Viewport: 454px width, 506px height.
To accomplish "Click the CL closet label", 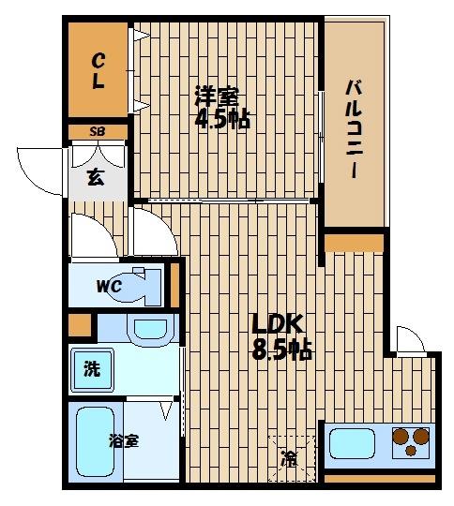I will (97, 69).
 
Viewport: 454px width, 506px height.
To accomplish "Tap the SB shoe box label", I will (97, 132).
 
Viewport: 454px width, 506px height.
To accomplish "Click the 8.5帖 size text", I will (281, 351).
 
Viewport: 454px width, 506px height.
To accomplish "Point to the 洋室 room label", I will (216, 96).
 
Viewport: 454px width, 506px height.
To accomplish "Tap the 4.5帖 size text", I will (222, 121).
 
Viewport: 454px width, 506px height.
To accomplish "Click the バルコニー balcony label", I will (354, 129).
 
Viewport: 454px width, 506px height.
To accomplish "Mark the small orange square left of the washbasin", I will (81, 327).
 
